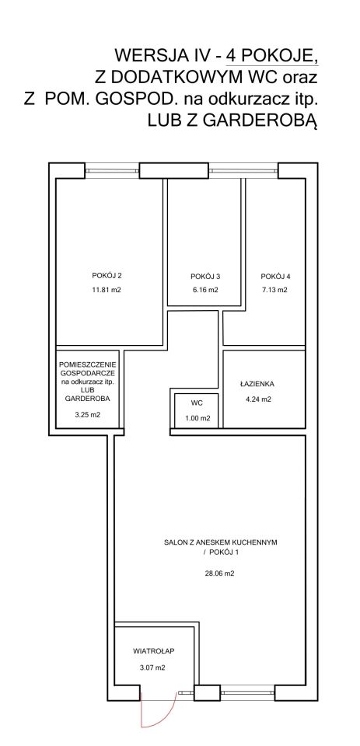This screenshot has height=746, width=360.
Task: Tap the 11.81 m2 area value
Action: click(x=110, y=290)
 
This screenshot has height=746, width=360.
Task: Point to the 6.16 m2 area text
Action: click(x=205, y=290)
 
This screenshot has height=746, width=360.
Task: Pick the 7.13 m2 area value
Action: click(x=275, y=290)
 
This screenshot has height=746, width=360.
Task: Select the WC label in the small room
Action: click(x=197, y=403)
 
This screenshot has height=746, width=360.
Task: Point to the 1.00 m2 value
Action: click(x=197, y=418)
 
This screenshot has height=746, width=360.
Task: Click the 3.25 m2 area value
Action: click(x=88, y=414)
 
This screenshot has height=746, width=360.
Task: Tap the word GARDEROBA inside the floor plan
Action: click(x=88, y=399)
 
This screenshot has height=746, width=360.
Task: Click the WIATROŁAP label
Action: click(x=151, y=650)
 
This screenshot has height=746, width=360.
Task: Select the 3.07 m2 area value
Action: click(x=152, y=668)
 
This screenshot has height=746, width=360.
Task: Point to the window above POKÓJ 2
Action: click(x=113, y=170)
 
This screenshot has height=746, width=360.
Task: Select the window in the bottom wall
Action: click(x=247, y=692)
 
